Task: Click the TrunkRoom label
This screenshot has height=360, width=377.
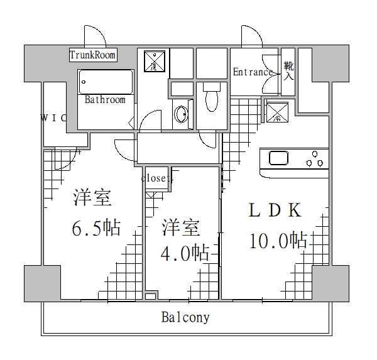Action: click(93, 55)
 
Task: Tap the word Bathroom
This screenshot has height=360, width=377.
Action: click(105, 99)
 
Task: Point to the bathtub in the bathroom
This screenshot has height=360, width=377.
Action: click(106, 82)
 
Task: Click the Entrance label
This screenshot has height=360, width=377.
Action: click(253, 72)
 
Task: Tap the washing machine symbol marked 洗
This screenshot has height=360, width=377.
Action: click(153, 61)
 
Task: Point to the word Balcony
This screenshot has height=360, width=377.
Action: click(185, 317)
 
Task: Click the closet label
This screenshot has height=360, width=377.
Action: click(156, 178)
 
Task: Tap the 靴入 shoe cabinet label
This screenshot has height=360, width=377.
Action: click(288, 71)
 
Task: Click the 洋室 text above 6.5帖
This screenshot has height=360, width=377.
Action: click(92, 198)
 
